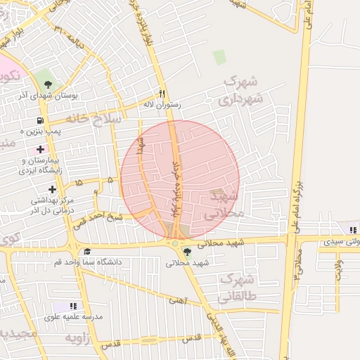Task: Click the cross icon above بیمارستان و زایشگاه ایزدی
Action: [x=40, y=149]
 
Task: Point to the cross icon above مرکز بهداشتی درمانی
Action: [x=52, y=189]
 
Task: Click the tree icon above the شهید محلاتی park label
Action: [x=186, y=251]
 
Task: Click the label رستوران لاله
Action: [x=162, y=105]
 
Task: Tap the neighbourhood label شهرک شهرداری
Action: [x=242, y=91]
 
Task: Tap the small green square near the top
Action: [x=219, y=57]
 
